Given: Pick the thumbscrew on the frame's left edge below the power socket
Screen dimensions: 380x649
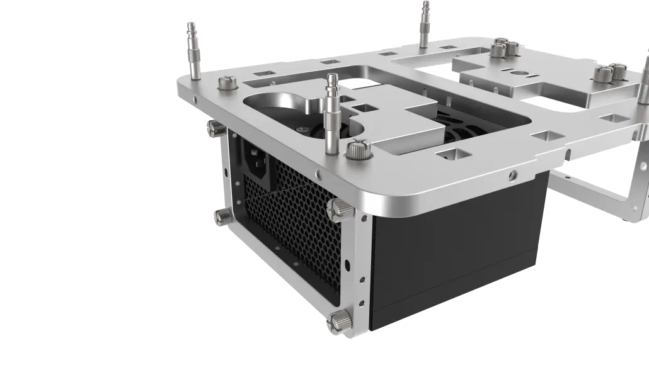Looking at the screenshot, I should coord(222,217).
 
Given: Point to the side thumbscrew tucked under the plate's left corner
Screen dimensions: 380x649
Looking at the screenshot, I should coord(216,129).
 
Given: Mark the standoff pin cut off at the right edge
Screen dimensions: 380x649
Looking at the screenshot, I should coord(644,82).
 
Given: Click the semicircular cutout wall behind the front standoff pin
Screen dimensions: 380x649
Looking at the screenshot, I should coord(277,104).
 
